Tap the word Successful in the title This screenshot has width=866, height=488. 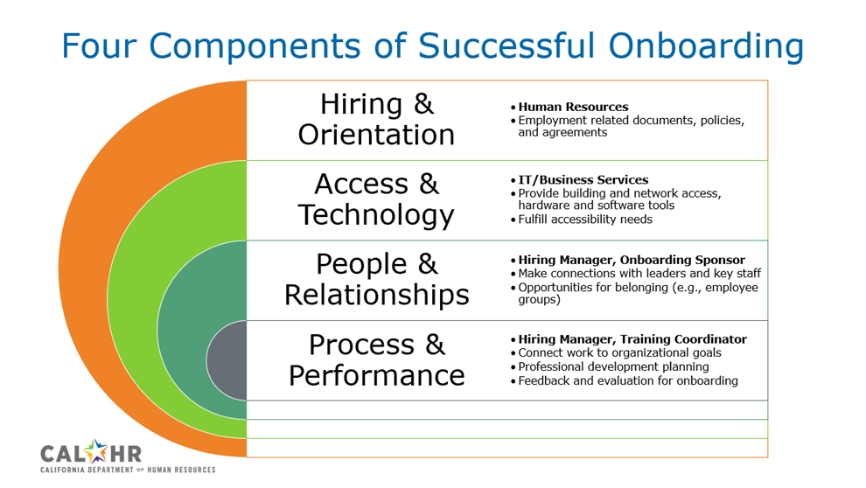pos(506,45)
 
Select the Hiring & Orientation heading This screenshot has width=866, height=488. pos(377,119)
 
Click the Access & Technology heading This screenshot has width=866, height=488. pos(377,200)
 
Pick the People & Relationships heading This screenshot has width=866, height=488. pos(377,279)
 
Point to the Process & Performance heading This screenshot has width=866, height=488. pos(377,360)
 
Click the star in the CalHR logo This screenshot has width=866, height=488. pos(96,450)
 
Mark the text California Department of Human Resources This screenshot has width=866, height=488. pos(128,470)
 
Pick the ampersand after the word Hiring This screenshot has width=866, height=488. pos(423,104)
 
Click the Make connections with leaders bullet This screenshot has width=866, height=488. pos(639,273)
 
